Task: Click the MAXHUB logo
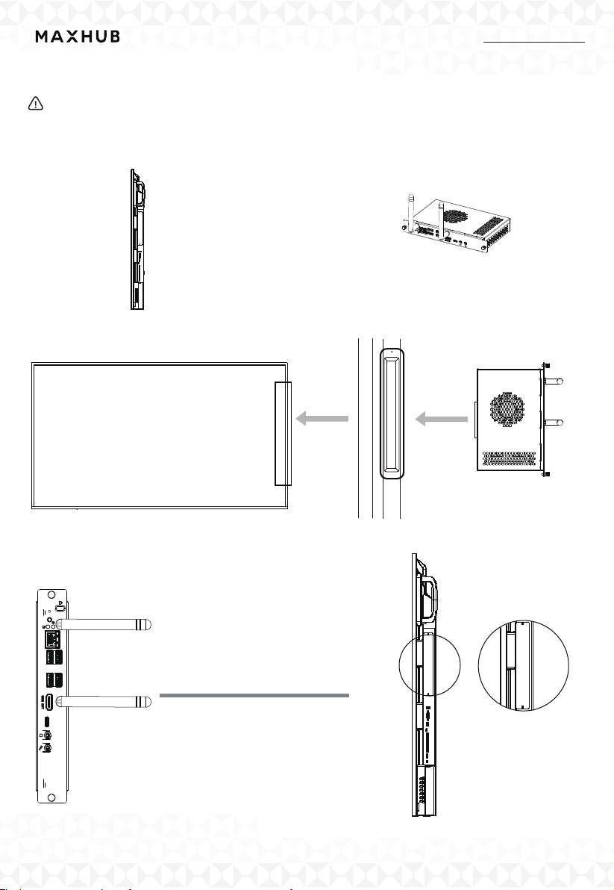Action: [78, 37]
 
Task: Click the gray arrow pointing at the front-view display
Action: [322, 420]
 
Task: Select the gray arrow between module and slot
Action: [441, 420]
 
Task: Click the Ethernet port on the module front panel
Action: [54, 638]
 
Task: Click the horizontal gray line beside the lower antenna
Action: [254, 695]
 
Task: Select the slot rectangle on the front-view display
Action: [283, 433]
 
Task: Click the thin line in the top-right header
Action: [534, 43]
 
